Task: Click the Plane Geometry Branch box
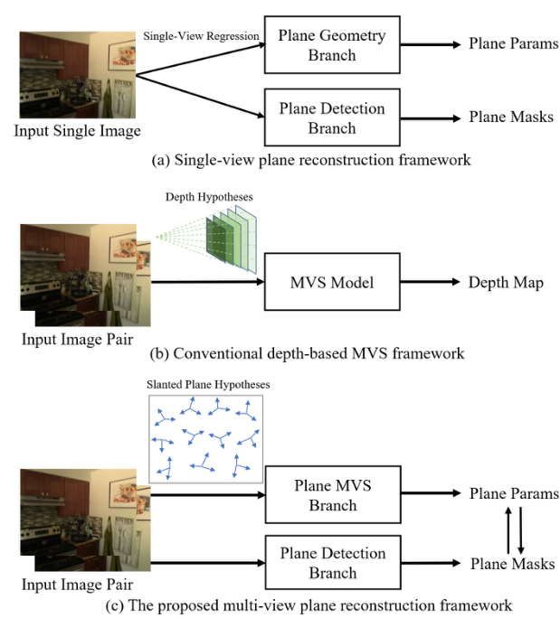332,44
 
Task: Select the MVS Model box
332,283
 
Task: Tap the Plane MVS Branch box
332,495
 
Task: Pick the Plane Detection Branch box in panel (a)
332,117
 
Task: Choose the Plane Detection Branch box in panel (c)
332,562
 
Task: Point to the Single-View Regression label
201,35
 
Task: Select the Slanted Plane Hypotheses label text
207,385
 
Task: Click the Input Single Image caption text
77,132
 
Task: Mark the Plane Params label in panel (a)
513,44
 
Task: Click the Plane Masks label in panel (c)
511,564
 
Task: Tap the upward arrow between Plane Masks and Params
508,529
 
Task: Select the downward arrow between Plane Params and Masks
521,529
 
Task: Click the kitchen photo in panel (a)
77,75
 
